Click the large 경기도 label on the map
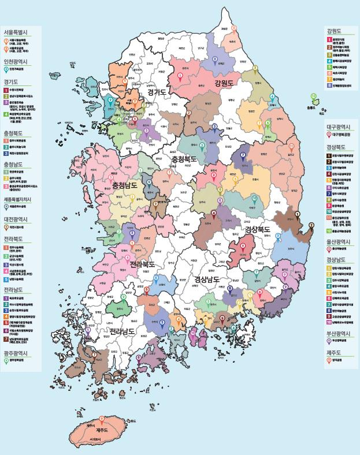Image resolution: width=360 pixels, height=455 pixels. (x=156, y=92)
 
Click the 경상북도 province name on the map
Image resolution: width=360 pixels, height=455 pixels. (x=257, y=229)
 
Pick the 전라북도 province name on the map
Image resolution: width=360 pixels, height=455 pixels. (x=143, y=264)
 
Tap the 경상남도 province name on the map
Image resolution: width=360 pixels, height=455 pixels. (x=207, y=280)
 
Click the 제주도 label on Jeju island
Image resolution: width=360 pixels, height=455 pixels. (x=103, y=431)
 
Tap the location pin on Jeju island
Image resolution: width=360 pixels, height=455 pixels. (x=102, y=419)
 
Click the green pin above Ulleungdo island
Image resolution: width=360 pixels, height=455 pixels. (x=313, y=97)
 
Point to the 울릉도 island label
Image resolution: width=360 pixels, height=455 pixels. (x=312, y=107)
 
